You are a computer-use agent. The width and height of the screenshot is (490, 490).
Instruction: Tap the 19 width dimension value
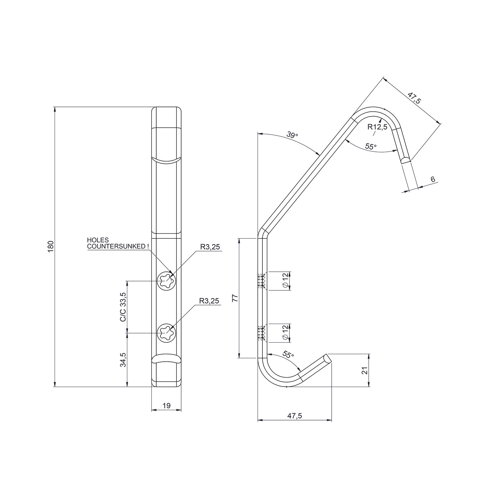pyautogui.click(x=167, y=405)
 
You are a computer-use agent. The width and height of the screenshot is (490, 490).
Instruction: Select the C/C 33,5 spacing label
pyautogui.click(x=123, y=307)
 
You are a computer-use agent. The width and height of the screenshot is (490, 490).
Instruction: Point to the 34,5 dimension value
pyautogui.click(x=123, y=359)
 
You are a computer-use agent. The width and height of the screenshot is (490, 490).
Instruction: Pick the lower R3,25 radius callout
pyautogui.click(x=209, y=301)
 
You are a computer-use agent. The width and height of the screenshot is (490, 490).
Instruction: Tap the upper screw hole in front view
pyautogui.click(x=167, y=281)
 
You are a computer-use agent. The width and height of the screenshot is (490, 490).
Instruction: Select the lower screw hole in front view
pyautogui.click(x=167, y=333)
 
